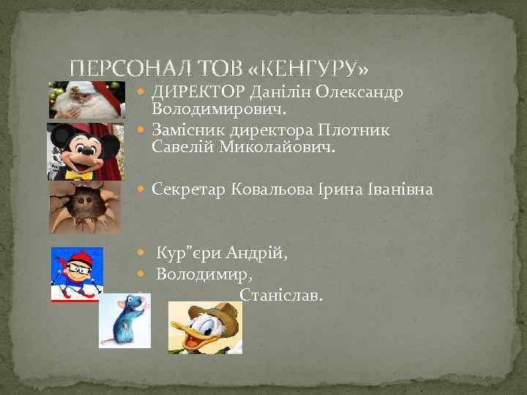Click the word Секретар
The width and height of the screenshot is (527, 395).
pyautogui.click(x=189, y=189)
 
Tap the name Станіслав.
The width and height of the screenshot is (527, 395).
pyautogui.click(x=280, y=296)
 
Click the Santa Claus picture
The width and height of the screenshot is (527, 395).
pyautogui.click(x=81, y=100)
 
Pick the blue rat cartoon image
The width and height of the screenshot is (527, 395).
pyautogui.click(x=124, y=320)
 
